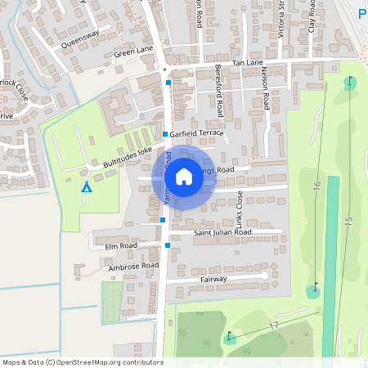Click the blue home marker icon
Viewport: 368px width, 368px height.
pos(184,177)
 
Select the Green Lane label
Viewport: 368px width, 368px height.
pos(133,53)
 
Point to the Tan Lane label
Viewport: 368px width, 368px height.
pos(248,63)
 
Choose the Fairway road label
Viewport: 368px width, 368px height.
pos(213,280)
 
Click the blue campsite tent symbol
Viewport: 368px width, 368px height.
pos(86,186)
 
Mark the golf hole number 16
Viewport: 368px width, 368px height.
pos(317,186)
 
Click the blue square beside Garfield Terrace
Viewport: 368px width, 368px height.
pos(165,133)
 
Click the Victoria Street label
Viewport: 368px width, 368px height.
pos(280,16)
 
